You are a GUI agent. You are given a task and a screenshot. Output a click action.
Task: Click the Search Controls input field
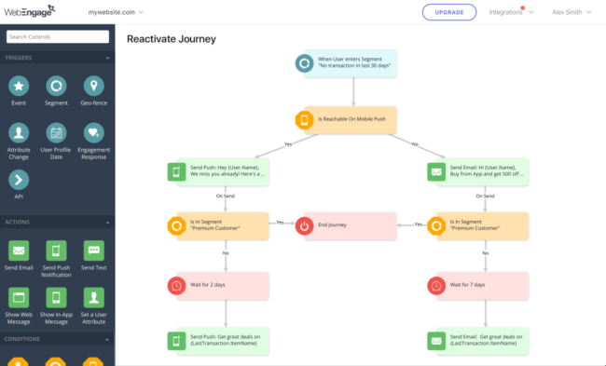click(57, 37)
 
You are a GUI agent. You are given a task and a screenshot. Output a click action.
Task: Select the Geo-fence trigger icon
click(93, 86)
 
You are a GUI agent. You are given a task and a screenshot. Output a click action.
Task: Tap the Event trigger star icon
click(19, 86)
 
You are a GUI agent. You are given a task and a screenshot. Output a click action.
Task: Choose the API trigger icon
click(19, 180)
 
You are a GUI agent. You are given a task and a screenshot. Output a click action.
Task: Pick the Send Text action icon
click(93, 250)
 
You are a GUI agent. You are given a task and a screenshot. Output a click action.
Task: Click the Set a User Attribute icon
click(93, 297)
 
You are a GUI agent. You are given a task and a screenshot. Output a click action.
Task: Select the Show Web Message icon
click(19, 297)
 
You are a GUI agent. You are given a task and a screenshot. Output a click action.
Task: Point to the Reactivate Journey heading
click(171, 39)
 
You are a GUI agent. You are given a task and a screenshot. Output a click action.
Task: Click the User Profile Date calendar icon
click(56, 133)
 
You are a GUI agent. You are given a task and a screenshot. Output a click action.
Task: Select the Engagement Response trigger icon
click(93, 133)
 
